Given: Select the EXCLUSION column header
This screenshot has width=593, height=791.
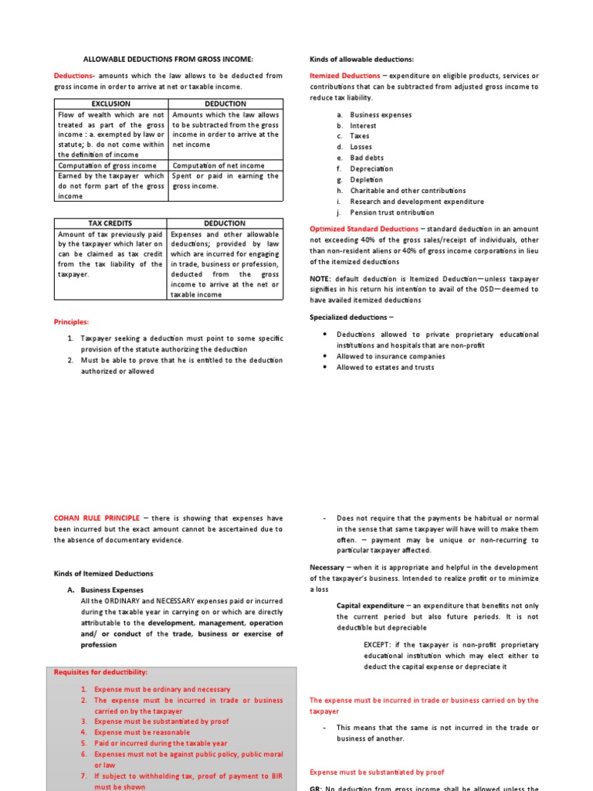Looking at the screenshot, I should coord(110,104).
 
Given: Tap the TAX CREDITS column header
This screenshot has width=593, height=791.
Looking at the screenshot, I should coord(110,223).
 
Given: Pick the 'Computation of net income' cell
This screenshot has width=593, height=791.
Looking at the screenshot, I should coord(218,165).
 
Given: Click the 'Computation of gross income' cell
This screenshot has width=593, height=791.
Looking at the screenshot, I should coord(107,165).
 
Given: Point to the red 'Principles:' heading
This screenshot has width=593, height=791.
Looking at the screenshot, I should coord(71,321).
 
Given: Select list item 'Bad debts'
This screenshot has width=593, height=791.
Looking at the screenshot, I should coord(367,158).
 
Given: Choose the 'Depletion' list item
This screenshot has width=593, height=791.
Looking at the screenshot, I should coord(368,179).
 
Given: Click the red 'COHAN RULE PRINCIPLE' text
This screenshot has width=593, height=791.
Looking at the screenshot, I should coord(97,518).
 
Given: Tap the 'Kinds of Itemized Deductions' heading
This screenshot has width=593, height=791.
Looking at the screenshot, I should coord(103,573).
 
